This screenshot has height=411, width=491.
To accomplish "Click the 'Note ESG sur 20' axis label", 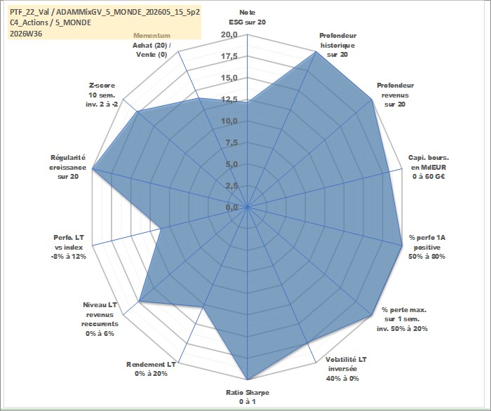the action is (248, 18).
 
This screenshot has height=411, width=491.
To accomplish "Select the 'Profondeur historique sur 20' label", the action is (337, 45).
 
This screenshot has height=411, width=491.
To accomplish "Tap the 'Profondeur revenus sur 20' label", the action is (395, 95).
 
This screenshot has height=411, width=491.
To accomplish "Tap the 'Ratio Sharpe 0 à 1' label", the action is (248, 397).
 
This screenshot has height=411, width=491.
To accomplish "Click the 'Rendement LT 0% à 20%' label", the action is (151, 369).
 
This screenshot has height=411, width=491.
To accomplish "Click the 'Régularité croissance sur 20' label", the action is (67, 167).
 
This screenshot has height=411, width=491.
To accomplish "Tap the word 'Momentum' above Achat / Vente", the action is (152, 36).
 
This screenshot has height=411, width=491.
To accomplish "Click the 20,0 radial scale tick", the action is (229, 35).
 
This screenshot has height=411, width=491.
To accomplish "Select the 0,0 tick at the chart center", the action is (231, 207).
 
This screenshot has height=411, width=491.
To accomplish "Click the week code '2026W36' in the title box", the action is (26, 34).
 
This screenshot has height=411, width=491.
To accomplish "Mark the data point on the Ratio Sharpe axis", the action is (248, 379).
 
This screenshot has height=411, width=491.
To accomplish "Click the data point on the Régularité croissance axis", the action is (93, 169).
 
